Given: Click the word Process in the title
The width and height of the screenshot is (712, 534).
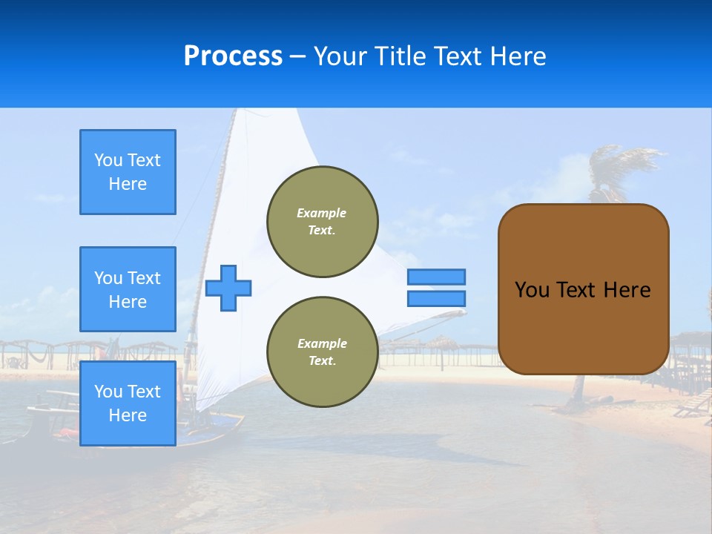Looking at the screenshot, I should click(233, 56).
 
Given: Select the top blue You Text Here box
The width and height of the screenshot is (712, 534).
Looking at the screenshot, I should click(128, 172).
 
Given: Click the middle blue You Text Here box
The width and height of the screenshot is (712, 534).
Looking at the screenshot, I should click(128, 289).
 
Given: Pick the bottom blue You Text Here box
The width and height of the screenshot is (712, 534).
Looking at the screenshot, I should click(128, 403).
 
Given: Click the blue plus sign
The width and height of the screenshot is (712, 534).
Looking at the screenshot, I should click(228, 288).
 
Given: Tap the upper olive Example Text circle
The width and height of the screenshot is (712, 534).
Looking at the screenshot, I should click(323, 222).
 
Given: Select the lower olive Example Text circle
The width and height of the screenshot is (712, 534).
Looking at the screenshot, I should click(323, 352).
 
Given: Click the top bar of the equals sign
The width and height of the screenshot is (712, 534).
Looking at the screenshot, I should click(436, 277).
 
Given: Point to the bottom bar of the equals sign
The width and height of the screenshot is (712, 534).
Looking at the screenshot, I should click(436, 298).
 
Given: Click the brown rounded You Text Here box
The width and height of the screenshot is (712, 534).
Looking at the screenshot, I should click(583, 326).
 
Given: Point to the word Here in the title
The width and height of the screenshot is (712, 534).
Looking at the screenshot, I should click(519, 56).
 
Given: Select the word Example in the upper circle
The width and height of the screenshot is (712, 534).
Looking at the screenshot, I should click(322, 213).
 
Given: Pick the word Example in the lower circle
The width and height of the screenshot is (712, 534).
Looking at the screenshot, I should click(322, 343).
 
